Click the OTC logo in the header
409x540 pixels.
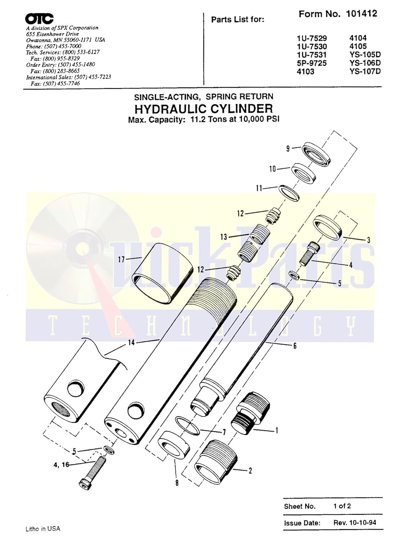[40, 19]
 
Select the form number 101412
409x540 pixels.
[361, 14]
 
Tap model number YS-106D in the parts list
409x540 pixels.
[365, 63]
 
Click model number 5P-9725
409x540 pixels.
[311, 63]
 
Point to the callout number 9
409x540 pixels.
[288, 148]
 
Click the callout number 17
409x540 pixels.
[121, 259]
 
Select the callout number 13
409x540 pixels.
[224, 237]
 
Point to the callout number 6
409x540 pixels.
[295, 346]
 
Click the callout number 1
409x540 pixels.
[277, 430]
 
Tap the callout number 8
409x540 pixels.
[177, 483]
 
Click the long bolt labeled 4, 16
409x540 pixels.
[93, 471]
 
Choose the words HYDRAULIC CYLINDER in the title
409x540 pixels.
[203, 108]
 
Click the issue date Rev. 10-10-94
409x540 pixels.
[355, 522]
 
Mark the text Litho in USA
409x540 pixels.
[43, 529]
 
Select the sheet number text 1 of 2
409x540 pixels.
[342, 506]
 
